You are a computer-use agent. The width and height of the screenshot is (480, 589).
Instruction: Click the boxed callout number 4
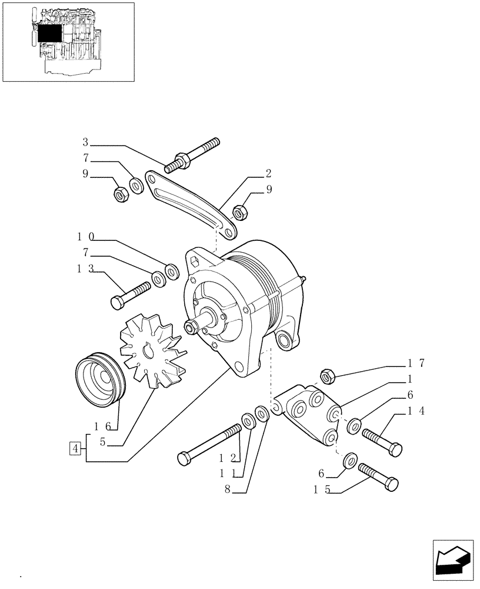[x=75, y=449]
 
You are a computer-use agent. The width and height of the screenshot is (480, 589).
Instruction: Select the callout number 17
[x=411, y=363]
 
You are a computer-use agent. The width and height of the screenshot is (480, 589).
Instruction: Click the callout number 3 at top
[x=85, y=142]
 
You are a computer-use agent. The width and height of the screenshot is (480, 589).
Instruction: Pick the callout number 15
[x=321, y=489]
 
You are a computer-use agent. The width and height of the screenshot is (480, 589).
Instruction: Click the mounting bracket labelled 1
[x=309, y=413]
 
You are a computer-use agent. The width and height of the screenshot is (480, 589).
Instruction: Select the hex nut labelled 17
[x=328, y=376]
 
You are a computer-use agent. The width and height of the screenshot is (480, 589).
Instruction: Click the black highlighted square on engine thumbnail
[x=50, y=35]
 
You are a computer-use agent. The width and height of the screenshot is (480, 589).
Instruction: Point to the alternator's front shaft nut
[x=191, y=326]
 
